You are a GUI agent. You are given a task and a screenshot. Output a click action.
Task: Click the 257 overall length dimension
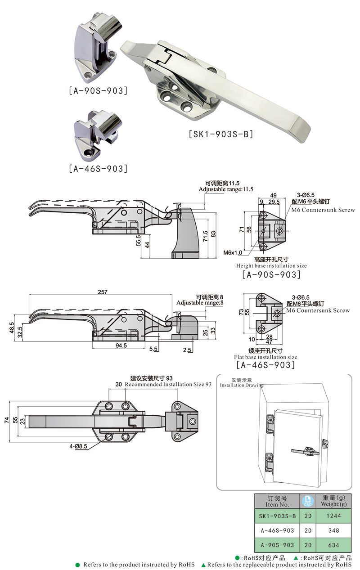102,292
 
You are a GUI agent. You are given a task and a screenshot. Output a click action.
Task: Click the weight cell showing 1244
333,516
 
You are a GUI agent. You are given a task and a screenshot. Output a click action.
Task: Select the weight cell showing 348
333,530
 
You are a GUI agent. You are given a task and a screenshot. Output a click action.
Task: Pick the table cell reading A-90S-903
277,545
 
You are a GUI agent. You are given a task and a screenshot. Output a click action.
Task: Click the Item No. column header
277,501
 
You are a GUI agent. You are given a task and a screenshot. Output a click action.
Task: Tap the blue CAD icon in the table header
308,501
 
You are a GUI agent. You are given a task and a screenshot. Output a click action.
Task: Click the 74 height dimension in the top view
6,419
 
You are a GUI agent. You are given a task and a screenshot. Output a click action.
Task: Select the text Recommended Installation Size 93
168,385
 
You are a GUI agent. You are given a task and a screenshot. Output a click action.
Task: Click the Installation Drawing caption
242,385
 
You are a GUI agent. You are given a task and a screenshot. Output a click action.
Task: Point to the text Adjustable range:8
200,303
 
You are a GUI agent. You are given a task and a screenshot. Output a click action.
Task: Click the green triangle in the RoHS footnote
203,565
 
